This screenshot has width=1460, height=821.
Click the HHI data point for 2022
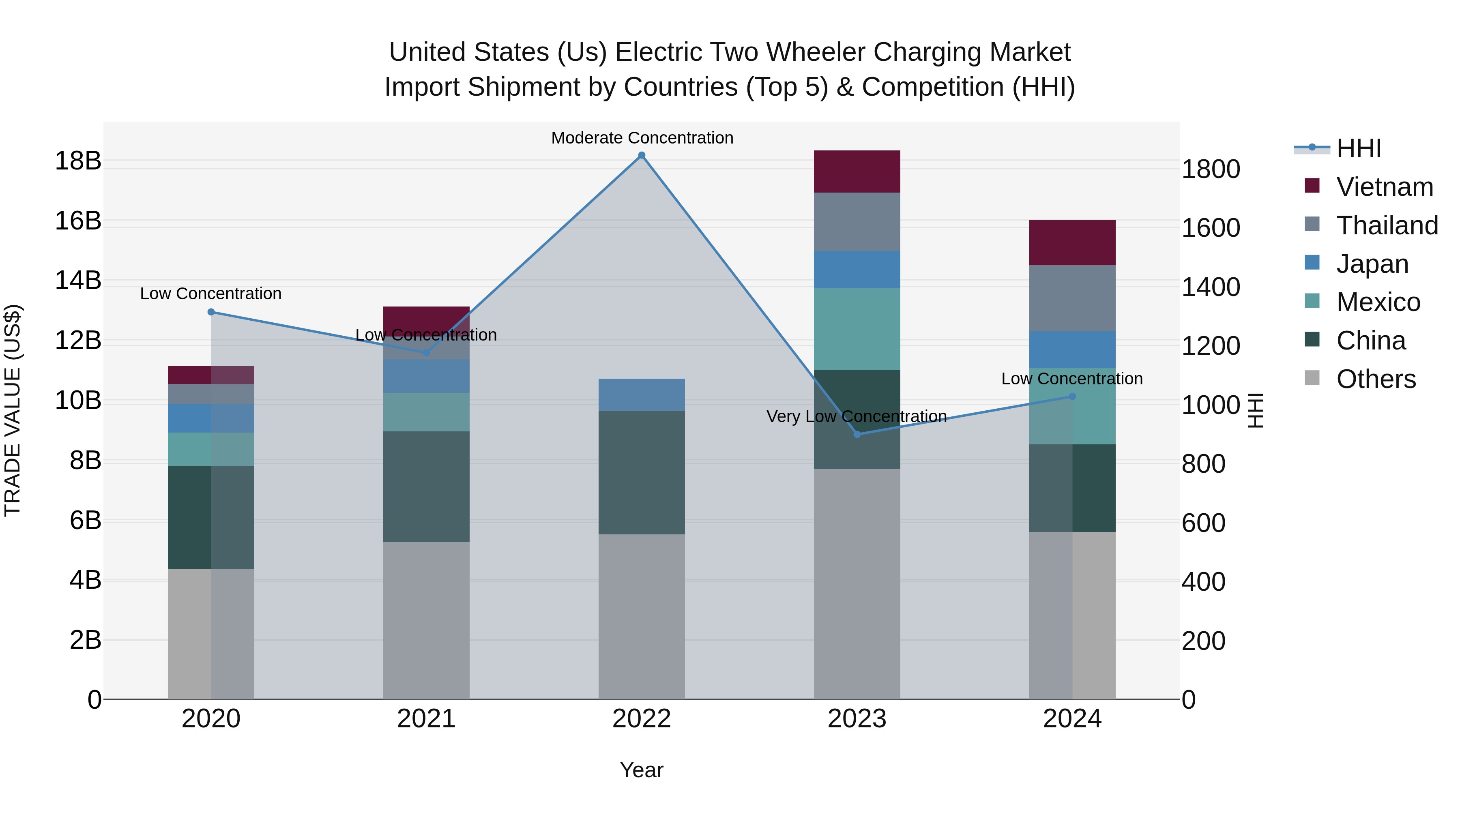click(642, 155)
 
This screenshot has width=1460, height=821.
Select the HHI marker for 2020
click(211, 312)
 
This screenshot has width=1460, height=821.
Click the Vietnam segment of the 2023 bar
click(857, 171)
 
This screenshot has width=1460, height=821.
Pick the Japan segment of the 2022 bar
click(642, 394)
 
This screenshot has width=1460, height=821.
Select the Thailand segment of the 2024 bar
click(1072, 298)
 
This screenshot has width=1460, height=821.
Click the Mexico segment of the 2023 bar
click(857, 329)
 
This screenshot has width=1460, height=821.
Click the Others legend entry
click(1376, 379)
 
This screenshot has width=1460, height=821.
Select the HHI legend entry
click(1358, 148)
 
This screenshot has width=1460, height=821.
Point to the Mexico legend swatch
click(1312, 301)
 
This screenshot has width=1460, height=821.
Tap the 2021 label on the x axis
click(426, 719)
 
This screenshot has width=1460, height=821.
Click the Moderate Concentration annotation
click(642, 138)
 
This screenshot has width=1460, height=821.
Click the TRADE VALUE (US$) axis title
click(13, 410)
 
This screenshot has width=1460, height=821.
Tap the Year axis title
click(642, 770)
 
